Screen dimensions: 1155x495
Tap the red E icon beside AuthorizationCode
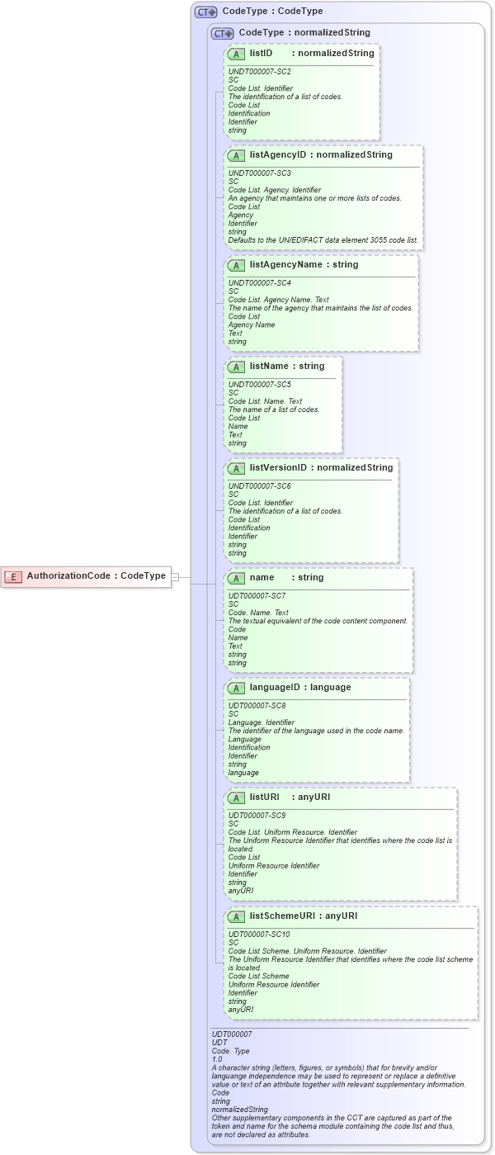click(13, 576)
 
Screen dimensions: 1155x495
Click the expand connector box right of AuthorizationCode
click(175, 576)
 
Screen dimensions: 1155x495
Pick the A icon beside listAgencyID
click(236, 154)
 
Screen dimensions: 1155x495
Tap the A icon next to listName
click(236, 366)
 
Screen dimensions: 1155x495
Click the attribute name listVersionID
click(278, 467)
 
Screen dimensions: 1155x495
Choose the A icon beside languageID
click(236, 687)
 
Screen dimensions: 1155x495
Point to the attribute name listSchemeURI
click(282, 916)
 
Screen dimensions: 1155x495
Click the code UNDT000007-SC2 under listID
click(259, 72)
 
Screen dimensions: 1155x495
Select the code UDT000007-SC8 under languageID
click(257, 706)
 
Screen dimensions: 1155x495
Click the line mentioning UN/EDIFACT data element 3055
click(323, 240)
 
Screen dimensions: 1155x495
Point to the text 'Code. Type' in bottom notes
click(230, 1051)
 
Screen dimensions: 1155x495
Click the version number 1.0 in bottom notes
click(217, 1059)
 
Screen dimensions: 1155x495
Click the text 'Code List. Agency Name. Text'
click(278, 300)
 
